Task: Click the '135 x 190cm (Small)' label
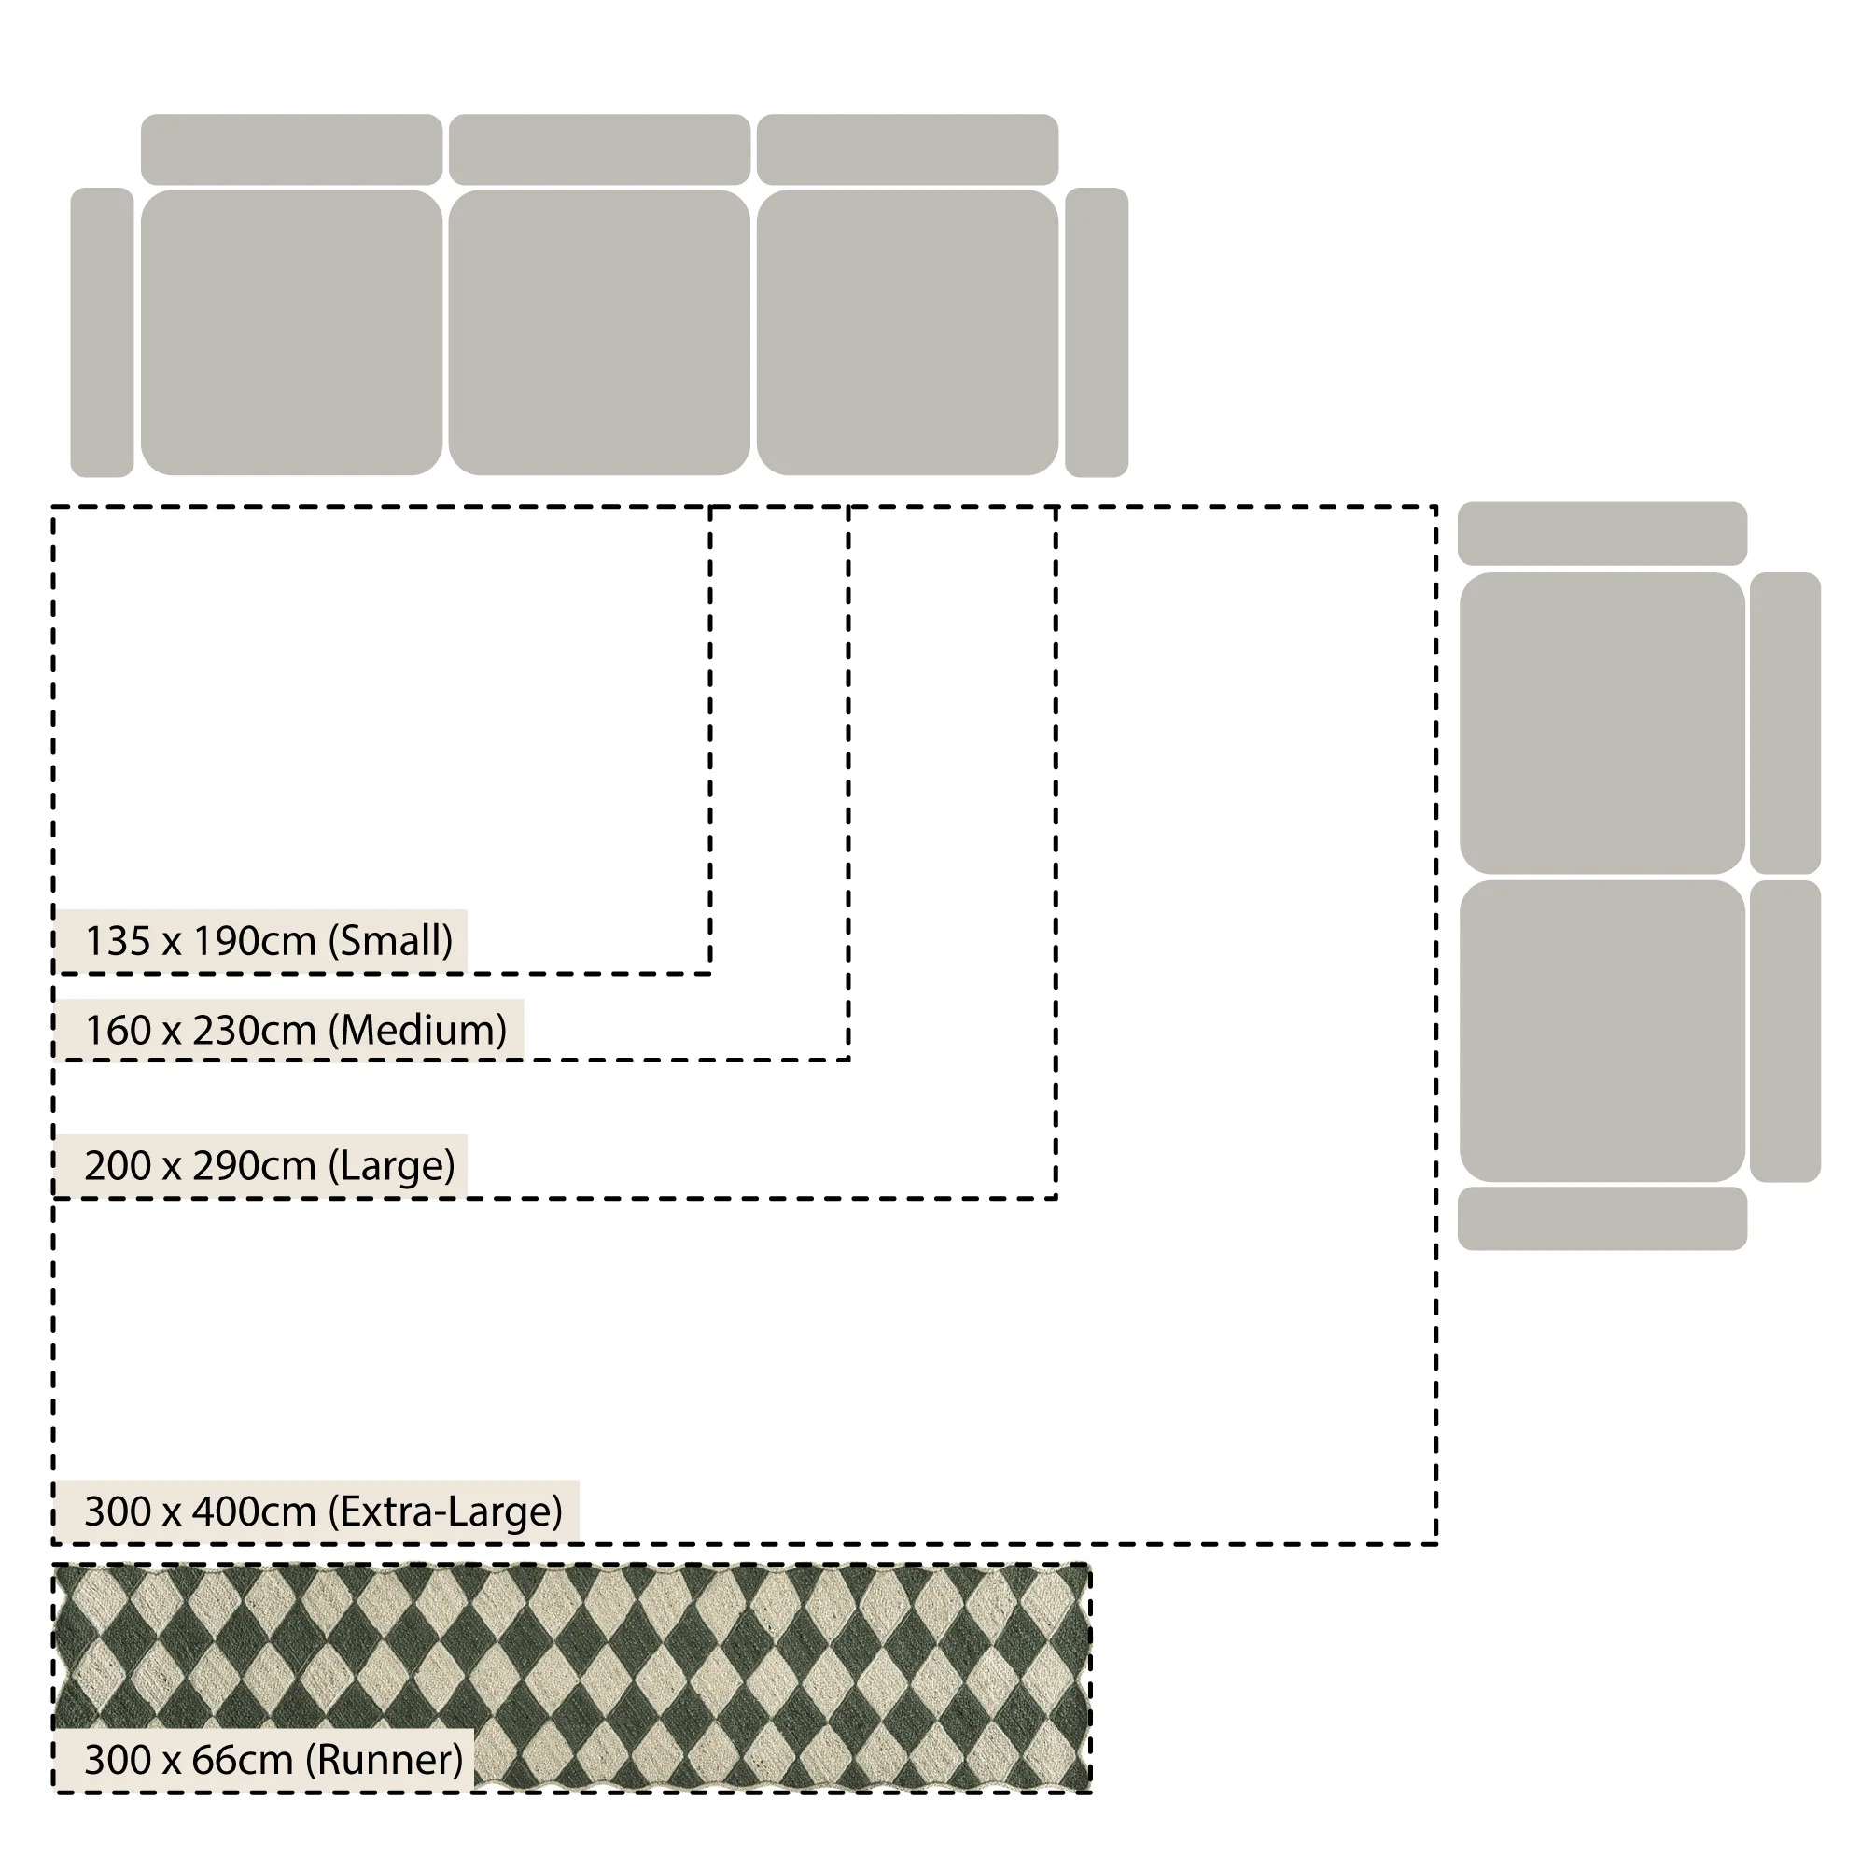(x=269, y=941)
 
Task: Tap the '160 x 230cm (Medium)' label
(x=296, y=1030)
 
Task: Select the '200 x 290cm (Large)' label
(x=270, y=1165)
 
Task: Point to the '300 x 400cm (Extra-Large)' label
(x=323, y=1511)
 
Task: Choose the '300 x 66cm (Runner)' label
(x=273, y=1759)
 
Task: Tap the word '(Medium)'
(x=418, y=1030)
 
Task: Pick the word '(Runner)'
(x=385, y=1759)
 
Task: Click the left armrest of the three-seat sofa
(x=102, y=332)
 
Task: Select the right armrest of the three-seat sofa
(x=1097, y=332)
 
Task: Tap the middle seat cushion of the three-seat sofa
(x=599, y=332)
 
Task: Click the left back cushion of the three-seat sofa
(x=291, y=149)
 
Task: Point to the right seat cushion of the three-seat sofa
(x=907, y=332)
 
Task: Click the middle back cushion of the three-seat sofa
(x=599, y=149)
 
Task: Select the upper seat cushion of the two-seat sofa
(x=1602, y=724)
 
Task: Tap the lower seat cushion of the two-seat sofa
(x=1602, y=1031)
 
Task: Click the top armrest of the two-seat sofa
(x=1602, y=533)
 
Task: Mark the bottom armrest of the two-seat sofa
(x=1602, y=1218)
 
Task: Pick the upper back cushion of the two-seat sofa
(x=1785, y=724)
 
